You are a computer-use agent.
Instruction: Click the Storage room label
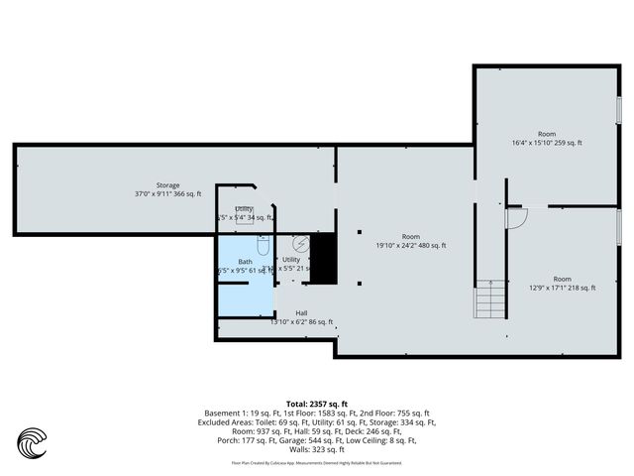(167, 184)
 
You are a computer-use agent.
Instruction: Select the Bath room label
(245, 261)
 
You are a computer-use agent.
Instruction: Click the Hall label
(300, 312)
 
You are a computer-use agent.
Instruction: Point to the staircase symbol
(485, 297)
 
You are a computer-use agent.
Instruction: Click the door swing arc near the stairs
(516, 218)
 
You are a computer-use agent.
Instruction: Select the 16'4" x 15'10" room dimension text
(546, 143)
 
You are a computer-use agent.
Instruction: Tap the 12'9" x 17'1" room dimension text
(561, 288)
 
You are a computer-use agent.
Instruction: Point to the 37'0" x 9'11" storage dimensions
(167, 193)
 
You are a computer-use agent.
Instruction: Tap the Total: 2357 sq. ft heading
(317, 404)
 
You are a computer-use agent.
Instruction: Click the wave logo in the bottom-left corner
(32, 440)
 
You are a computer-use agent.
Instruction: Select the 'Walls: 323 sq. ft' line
(317, 449)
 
